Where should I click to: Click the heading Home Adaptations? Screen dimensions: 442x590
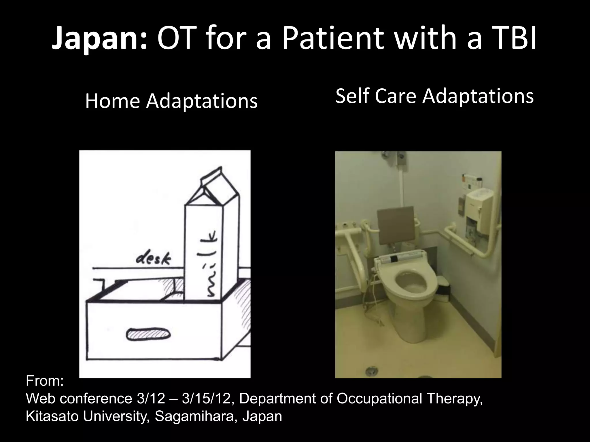coord(171,101)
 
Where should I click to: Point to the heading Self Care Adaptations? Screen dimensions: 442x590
coord(434,96)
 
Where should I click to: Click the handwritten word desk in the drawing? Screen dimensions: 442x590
coord(153,260)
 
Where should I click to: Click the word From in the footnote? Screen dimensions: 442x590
coord(44,381)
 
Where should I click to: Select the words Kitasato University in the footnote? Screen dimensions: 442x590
coord(87,416)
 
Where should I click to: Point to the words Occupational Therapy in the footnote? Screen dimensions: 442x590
coord(409,399)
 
